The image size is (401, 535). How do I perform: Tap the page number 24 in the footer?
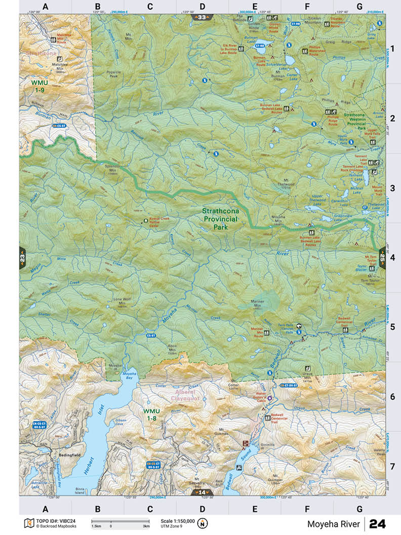point(377,523)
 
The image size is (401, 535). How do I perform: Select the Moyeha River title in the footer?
point(333,524)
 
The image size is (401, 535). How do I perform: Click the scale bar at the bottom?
point(120,521)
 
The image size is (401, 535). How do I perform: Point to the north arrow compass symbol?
point(203,523)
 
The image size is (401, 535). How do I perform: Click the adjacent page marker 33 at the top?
point(202,17)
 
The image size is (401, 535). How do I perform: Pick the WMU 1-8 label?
point(151,414)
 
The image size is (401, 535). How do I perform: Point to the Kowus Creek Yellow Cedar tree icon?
point(146,221)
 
